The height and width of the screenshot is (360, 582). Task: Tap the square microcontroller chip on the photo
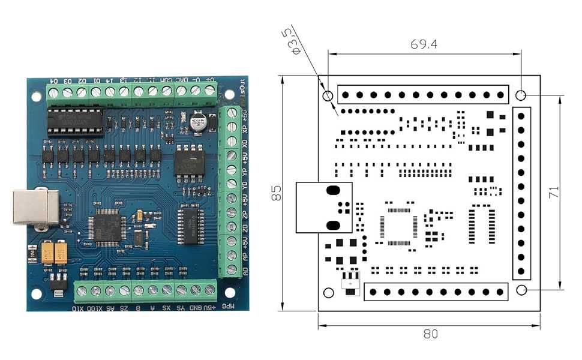tap(104, 226)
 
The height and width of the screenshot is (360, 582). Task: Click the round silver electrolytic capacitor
tap(197, 123)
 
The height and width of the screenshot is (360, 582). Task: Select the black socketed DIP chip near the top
tap(76, 120)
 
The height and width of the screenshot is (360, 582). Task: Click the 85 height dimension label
tap(277, 193)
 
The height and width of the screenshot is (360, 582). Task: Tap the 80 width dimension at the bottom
tap(430, 334)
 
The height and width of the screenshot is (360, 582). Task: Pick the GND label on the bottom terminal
tap(196, 308)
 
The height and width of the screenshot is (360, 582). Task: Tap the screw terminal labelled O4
tap(53, 92)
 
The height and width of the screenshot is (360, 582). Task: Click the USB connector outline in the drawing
tap(324, 208)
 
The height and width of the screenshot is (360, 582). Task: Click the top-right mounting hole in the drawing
tap(521, 95)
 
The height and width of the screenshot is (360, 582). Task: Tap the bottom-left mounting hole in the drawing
tap(328, 292)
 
